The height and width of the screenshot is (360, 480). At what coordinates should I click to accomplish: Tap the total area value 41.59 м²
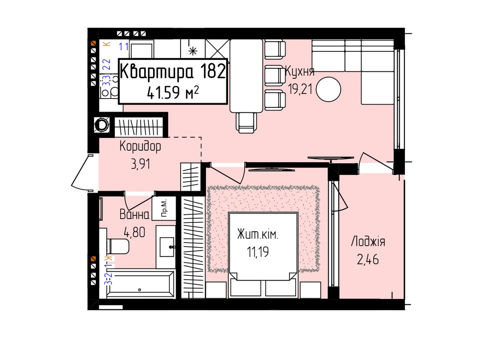coord(172,92)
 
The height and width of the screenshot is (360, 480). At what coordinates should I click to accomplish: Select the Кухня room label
coord(299,71)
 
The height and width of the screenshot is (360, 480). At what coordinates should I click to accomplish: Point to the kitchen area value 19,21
coord(300,89)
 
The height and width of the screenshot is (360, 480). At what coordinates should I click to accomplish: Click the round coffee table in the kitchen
coord(328,89)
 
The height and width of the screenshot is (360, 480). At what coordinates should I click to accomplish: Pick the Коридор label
coord(140,146)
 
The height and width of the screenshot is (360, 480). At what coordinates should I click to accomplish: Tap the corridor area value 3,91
coord(140,164)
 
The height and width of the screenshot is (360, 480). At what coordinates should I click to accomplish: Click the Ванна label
coord(134,214)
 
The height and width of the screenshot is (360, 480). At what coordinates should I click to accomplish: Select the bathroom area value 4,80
coord(134,232)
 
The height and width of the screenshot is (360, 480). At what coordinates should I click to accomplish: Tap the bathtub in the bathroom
coord(140,283)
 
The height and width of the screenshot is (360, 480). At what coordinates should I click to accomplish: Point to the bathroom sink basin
coord(167,247)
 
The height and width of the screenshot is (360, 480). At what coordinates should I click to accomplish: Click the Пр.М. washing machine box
coord(164,208)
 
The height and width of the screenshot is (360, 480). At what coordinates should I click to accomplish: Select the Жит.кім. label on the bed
coord(258,234)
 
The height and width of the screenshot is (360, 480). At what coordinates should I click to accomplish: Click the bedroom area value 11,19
coord(258,252)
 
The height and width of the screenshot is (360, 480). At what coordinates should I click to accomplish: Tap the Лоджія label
coord(368,241)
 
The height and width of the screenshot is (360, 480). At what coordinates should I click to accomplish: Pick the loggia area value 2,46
coord(368,259)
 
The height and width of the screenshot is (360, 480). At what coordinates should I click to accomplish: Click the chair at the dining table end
coord(246,122)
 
